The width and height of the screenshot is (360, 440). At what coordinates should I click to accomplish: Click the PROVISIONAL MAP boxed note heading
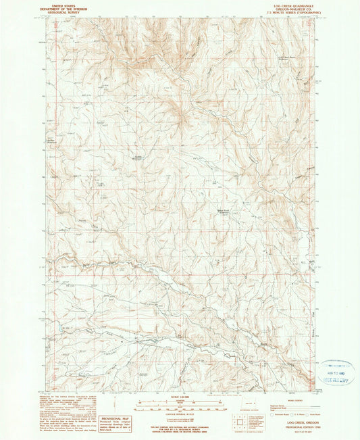pos(115,419)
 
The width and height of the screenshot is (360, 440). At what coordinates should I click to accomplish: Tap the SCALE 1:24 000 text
pos(180,395)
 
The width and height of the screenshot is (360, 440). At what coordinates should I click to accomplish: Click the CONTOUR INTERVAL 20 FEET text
pos(180,413)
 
